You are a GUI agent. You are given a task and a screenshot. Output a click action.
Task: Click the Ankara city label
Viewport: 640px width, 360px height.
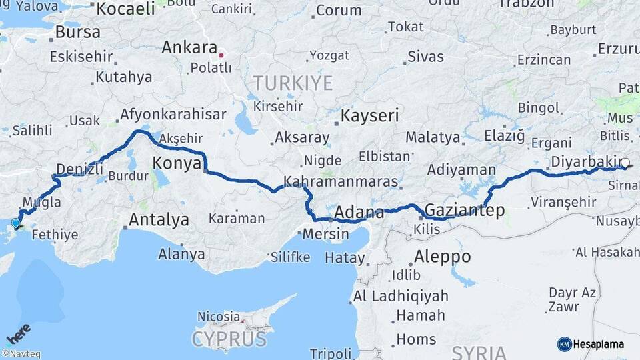(x=190, y=48)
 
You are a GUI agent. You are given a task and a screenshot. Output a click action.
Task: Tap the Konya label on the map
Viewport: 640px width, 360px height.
(x=176, y=163)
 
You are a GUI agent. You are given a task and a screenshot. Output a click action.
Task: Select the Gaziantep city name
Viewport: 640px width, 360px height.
(x=464, y=211)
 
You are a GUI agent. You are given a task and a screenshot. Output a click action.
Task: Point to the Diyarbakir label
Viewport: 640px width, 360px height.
(x=584, y=162)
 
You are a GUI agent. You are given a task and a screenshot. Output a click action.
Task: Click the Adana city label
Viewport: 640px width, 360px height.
(x=359, y=213)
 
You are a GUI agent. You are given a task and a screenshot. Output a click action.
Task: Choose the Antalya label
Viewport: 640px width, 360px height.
(x=159, y=219)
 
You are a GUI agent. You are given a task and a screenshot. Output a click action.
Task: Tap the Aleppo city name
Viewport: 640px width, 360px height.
(x=442, y=256)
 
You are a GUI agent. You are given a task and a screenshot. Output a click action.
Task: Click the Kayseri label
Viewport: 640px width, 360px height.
(x=369, y=115)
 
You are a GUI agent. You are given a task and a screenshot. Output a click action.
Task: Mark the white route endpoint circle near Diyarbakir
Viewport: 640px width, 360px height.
(x=625, y=162)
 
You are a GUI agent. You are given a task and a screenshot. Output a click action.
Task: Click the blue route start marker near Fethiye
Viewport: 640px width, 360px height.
(x=15, y=223)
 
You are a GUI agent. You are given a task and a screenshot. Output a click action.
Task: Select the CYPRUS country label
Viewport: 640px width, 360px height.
(x=229, y=339)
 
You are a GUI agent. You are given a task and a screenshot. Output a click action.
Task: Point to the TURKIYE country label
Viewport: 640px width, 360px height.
(x=292, y=83)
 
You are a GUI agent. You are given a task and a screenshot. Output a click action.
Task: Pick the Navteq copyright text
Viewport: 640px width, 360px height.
(x=21, y=354)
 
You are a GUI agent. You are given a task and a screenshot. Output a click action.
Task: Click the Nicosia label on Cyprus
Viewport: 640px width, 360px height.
(x=219, y=316)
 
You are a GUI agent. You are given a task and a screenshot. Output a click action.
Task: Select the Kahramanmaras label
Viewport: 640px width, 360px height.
(x=341, y=181)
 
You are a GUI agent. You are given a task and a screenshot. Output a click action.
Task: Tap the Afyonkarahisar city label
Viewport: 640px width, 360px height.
(x=173, y=115)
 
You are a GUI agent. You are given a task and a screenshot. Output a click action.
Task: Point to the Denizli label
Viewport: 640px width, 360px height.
(x=80, y=169)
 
